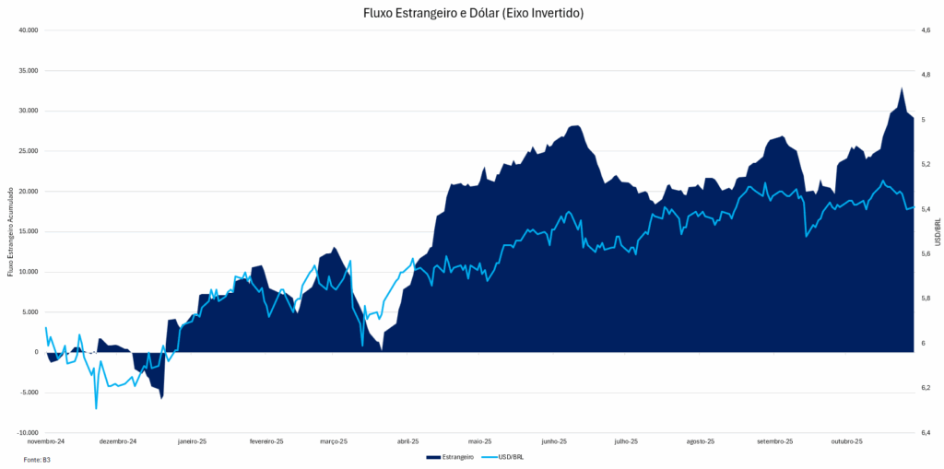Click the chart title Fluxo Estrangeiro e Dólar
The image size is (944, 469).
click(x=473, y=13)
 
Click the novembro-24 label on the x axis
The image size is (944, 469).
click(x=46, y=441)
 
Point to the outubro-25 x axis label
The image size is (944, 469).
click(x=845, y=441)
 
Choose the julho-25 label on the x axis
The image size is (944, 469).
click(x=626, y=441)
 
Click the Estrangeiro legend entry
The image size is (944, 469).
click(x=452, y=457)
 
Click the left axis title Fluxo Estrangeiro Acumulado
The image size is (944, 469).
click(x=10, y=231)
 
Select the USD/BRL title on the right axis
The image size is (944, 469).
click(x=938, y=231)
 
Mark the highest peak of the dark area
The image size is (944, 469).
click(x=901, y=88)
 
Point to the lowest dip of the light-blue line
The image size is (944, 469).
click(x=96, y=408)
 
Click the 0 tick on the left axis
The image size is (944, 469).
click(x=36, y=353)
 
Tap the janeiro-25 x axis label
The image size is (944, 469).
click(x=193, y=441)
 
